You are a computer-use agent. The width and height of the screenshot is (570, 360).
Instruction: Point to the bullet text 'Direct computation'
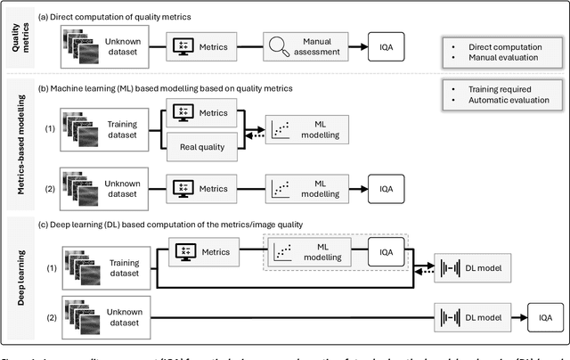click(x=508, y=44)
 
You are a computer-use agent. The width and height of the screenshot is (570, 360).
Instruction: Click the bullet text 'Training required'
click(x=504, y=89)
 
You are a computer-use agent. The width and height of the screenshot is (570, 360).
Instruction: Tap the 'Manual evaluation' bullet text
click(x=506, y=57)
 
